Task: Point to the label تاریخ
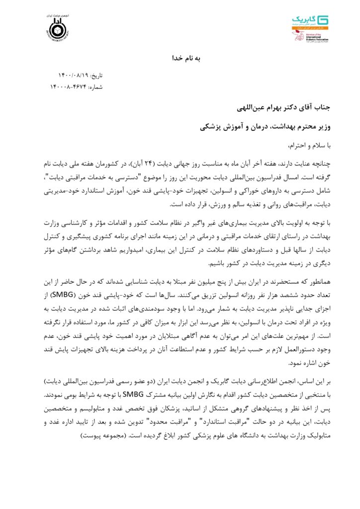95,76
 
